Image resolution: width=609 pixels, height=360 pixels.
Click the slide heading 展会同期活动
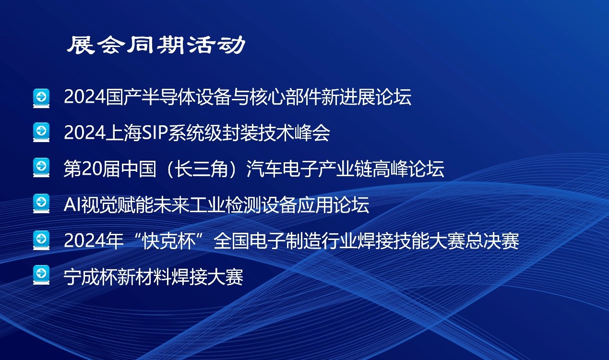point(156,45)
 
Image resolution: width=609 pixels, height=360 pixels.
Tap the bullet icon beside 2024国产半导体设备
point(41,98)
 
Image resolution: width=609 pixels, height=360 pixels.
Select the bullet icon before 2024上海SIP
point(41,132)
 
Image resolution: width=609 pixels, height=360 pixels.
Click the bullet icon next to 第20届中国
point(41,168)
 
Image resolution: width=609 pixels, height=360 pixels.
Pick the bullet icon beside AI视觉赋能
point(41,204)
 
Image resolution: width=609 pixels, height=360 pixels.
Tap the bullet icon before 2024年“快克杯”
point(41,240)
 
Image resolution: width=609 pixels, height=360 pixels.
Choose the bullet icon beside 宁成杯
point(41,275)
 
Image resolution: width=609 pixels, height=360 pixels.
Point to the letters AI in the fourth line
point(72,204)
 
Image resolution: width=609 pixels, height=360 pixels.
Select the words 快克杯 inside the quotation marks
point(169,241)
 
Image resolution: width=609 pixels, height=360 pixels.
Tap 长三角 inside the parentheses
point(201,168)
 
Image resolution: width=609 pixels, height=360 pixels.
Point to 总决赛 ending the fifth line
point(492,241)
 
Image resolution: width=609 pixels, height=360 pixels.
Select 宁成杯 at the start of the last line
point(91,277)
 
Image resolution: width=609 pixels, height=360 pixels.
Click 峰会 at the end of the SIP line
point(312,133)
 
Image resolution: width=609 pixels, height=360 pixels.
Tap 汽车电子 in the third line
point(282,168)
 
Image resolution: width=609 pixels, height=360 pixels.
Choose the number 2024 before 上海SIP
point(84,133)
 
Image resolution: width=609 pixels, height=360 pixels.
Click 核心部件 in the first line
point(285,97)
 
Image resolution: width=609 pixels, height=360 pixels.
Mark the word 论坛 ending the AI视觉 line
point(351,204)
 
